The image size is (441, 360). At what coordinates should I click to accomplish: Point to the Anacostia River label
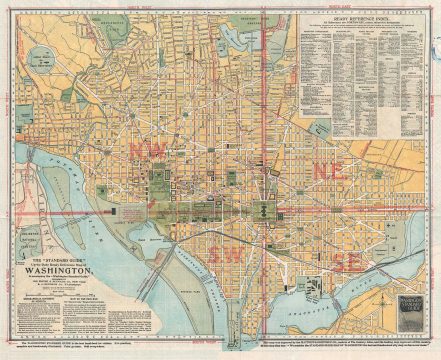tap(330, 290)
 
